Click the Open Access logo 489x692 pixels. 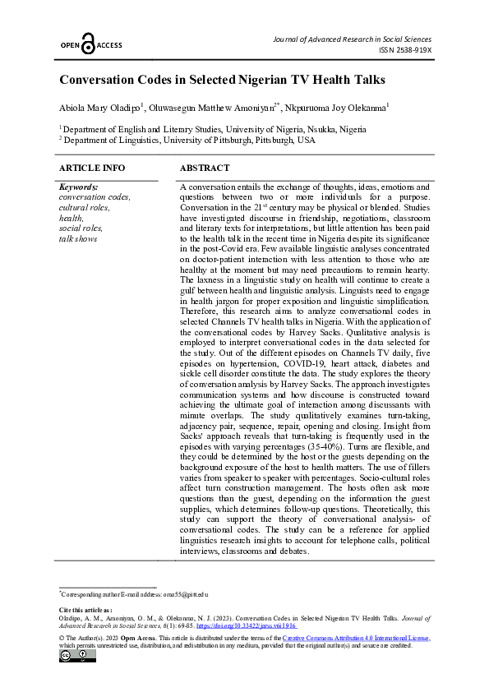point(90,45)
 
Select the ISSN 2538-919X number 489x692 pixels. point(405,50)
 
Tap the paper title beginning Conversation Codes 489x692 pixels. point(222,81)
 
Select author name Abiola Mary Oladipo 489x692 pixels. point(100,108)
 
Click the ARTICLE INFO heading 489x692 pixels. point(92,168)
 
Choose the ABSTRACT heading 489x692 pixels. point(205,168)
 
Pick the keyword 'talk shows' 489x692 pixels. point(78,238)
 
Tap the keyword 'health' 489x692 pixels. point(72,218)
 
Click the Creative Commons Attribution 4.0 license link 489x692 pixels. point(355,638)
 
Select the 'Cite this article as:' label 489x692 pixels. point(85,610)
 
